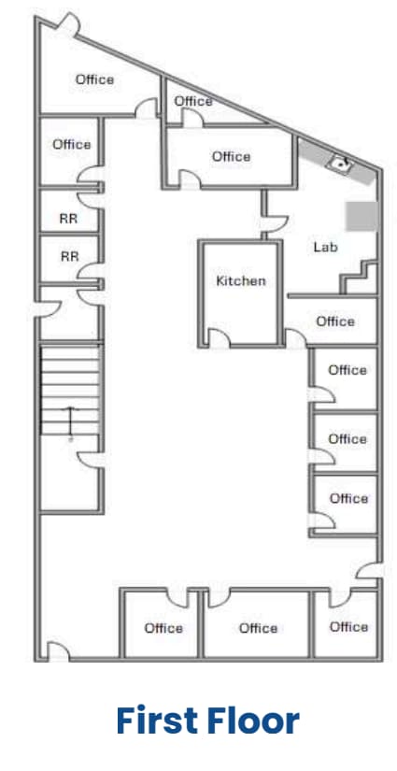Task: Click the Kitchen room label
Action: point(240,280)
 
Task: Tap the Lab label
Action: point(325,248)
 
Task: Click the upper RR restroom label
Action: point(68,220)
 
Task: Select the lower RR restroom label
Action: point(69,256)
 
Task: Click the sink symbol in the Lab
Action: point(338,164)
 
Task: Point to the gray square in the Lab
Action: point(362,216)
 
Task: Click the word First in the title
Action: point(158,721)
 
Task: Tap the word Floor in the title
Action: point(254,721)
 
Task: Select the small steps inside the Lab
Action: point(361,278)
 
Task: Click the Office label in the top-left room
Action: point(94,79)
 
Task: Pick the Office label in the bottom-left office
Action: point(163,628)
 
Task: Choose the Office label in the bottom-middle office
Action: point(258,628)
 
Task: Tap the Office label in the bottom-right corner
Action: point(348,626)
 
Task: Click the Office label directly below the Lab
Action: point(335,321)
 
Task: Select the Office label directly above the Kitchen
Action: point(231,156)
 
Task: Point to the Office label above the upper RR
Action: point(72,144)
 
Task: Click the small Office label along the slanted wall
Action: point(193,101)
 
